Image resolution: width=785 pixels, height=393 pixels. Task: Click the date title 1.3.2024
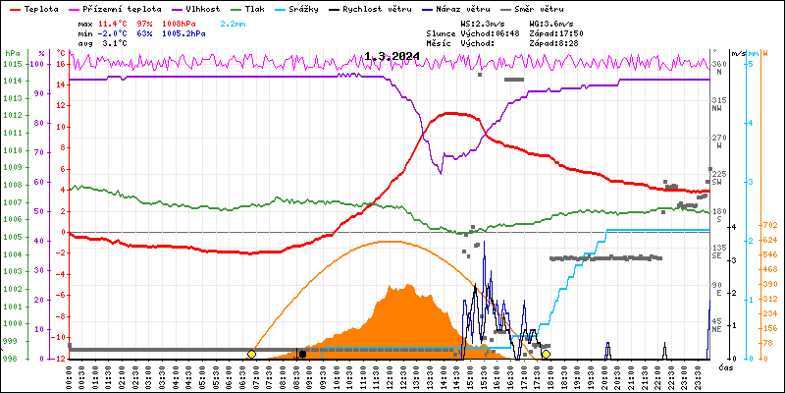coord(390,56)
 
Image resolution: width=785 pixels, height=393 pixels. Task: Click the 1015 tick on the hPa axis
coord(11,64)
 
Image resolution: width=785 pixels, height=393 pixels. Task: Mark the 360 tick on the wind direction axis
coord(718,64)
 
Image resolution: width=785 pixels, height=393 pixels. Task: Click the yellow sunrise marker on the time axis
coord(252,354)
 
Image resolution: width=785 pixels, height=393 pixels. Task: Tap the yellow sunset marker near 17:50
coord(546,354)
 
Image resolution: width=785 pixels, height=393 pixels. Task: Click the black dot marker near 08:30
coord(301,354)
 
